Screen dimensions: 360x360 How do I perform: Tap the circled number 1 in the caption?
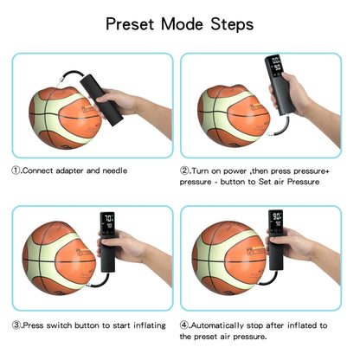(x=16, y=170)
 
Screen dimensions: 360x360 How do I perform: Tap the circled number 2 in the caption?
(x=186, y=170)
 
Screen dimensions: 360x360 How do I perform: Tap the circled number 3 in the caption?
(x=16, y=325)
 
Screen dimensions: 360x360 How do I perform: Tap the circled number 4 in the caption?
(x=186, y=325)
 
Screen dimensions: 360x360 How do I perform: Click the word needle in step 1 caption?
(x=114, y=170)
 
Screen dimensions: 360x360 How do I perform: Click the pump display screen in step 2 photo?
(x=275, y=67)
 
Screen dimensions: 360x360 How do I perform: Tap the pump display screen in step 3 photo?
(x=109, y=224)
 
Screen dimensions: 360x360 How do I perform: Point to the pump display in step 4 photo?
(x=278, y=222)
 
